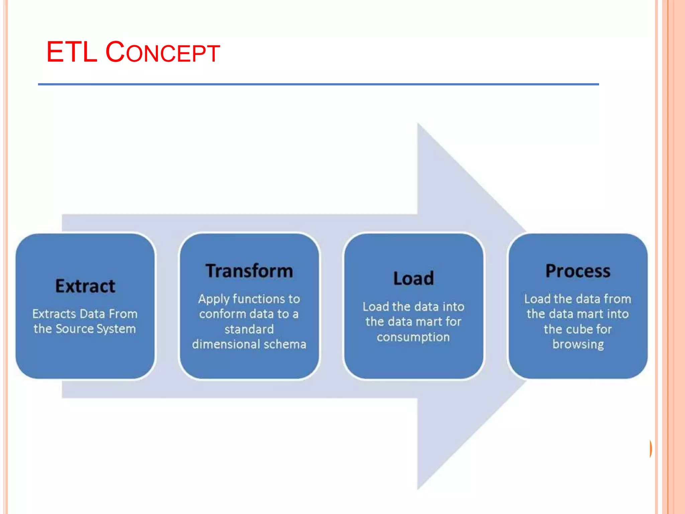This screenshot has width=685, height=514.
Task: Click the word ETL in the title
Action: coord(72,52)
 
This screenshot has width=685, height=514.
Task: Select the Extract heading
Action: coord(85,286)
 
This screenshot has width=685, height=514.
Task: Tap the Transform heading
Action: coord(249,271)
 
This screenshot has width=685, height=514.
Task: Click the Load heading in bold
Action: coord(413,278)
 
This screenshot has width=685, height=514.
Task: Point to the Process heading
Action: coord(578,271)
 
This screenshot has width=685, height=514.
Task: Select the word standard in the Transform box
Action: coord(249,329)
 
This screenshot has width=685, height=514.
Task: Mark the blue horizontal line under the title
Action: coord(318,84)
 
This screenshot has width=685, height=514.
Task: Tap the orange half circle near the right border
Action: coord(650,449)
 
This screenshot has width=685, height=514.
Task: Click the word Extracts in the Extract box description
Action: coord(54,314)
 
